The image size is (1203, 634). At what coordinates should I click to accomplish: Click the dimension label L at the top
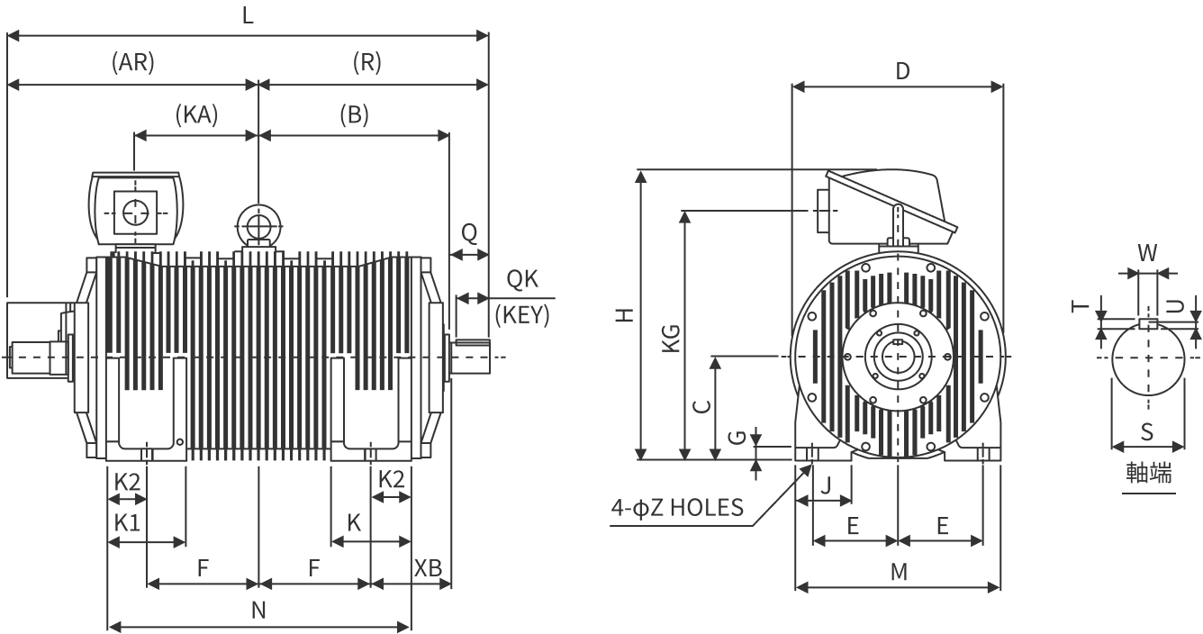[248, 16]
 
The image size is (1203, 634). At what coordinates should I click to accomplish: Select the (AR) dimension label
[133, 62]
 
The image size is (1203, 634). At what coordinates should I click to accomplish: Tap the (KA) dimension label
[196, 114]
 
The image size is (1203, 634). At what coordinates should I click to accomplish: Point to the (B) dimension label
[355, 114]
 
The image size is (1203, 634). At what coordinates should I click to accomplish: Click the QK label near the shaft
[522, 279]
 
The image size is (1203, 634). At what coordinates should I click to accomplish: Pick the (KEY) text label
[522, 315]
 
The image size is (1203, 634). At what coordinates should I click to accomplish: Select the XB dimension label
[428, 568]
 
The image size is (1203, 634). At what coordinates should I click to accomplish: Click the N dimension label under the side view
[258, 611]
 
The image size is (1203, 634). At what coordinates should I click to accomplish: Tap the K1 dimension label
[127, 522]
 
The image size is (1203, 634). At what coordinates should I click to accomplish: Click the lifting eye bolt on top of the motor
[258, 224]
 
